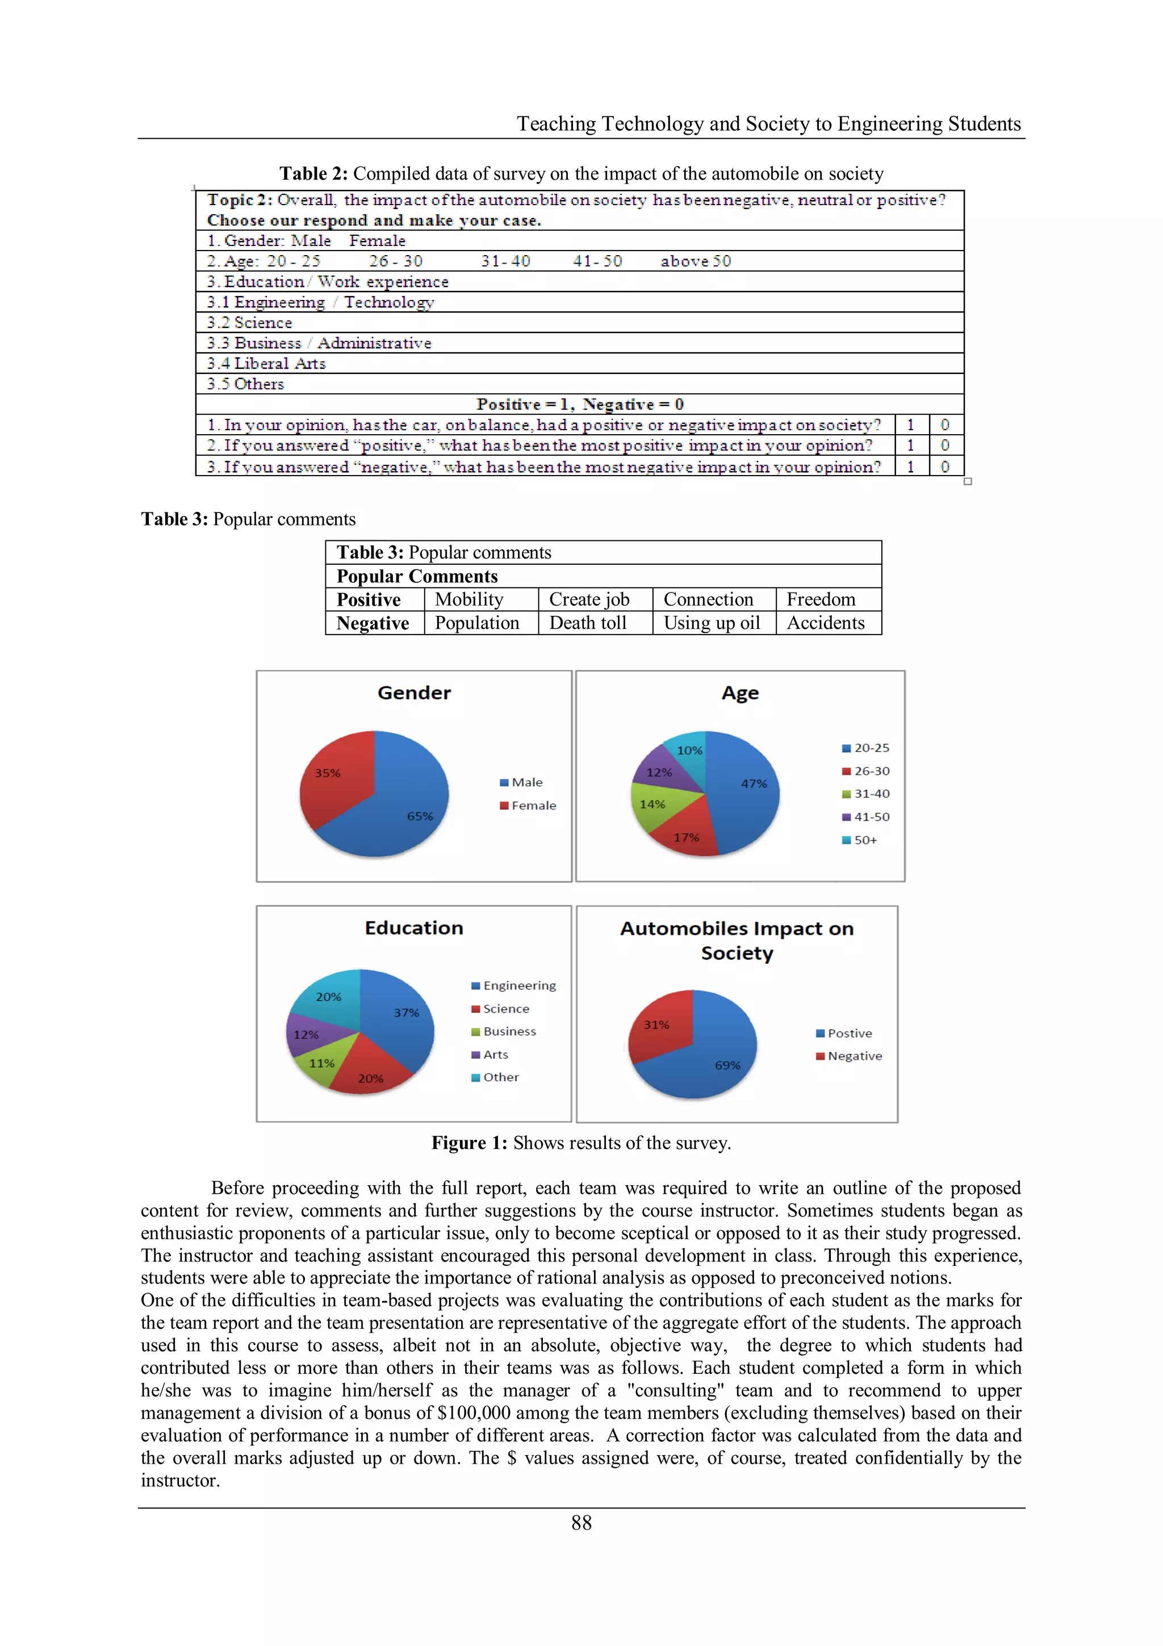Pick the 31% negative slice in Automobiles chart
coord(659,1025)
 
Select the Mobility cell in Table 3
coord(470,599)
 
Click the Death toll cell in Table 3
coord(588,623)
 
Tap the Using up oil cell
coord(712,623)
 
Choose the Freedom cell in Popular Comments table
coord(821,599)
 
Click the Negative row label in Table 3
coord(373,623)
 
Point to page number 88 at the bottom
coord(581,1522)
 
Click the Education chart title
coord(413,928)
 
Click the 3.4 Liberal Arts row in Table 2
coord(266,364)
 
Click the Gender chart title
coord(413,693)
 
